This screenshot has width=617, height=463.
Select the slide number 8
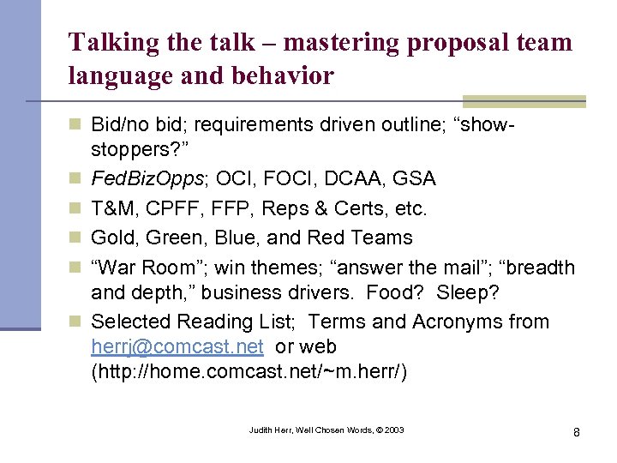[x=576, y=431]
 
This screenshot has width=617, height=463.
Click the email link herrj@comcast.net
[x=177, y=347]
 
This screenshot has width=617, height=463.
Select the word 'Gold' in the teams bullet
[x=111, y=238]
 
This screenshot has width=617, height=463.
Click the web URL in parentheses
[x=249, y=373]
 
